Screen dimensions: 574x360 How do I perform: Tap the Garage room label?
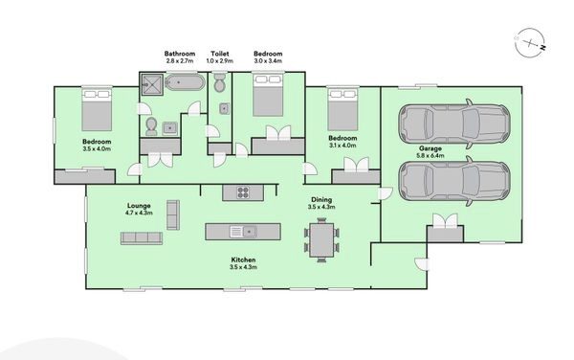pos(430,148)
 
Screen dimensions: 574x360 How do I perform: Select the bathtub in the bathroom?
pos(185,82)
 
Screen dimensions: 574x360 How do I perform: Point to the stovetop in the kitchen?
pos(243,192)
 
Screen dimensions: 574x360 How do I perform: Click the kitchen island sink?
pos(243,232)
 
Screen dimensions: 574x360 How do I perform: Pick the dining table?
pos(321,240)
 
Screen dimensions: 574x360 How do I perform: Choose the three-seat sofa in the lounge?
pos(142,238)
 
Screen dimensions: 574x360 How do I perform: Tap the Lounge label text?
pos(139,206)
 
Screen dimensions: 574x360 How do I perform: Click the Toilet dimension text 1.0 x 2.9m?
pos(220,60)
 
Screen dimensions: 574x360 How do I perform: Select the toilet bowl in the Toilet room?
pos(220,83)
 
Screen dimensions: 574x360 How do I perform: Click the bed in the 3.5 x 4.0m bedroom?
pos(97,110)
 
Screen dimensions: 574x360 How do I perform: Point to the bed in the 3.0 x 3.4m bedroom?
pos(268,95)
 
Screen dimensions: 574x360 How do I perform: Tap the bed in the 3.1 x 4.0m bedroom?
pos(342,109)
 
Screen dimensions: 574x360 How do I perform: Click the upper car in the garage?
pos(453,124)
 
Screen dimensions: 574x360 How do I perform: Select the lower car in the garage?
pos(453,181)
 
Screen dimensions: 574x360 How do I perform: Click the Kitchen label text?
pos(243,259)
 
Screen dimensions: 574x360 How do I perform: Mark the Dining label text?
pos(321,199)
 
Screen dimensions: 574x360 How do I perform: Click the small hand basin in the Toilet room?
pos(225,109)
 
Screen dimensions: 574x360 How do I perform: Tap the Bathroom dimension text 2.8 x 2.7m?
pos(180,60)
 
